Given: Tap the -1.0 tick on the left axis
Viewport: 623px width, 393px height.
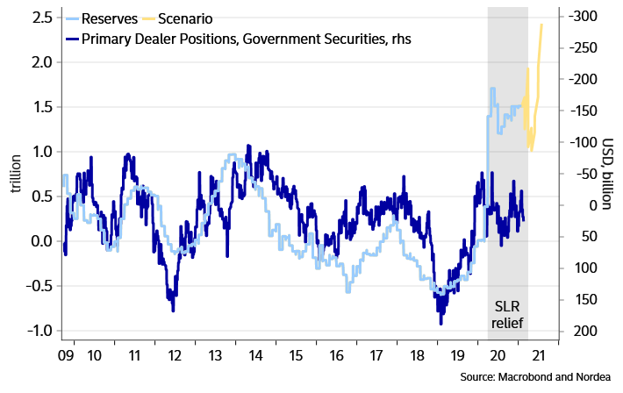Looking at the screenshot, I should [x=39, y=331].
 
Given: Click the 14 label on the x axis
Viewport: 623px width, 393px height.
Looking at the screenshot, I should [x=255, y=356].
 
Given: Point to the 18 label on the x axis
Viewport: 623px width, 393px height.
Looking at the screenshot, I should [x=416, y=356].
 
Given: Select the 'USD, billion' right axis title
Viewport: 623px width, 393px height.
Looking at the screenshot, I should [x=608, y=173].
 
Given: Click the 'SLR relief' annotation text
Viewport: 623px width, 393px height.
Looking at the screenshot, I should [x=507, y=315].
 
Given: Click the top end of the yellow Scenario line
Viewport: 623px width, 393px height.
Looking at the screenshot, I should [x=541, y=25].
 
